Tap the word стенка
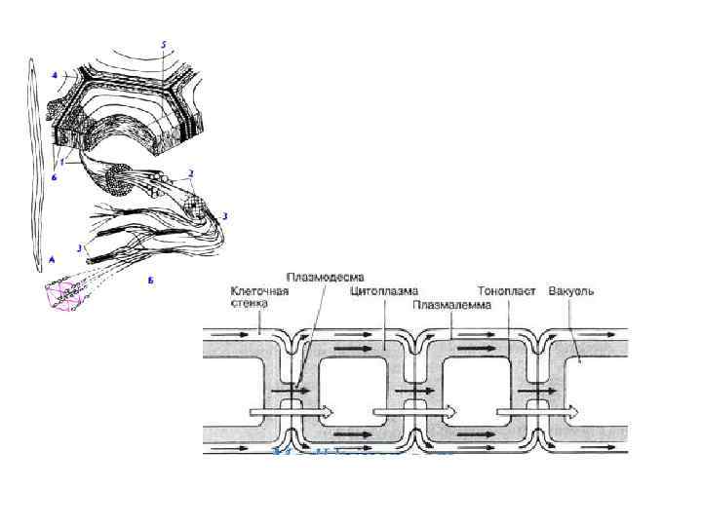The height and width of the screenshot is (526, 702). pyautogui.click(x=250, y=303)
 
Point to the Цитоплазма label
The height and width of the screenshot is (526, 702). pyautogui.click(x=384, y=290)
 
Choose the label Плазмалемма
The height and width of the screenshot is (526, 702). pyautogui.click(x=452, y=304)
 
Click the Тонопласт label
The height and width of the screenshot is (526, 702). pyautogui.click(x=507, y=290)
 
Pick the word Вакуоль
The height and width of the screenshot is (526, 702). pyautogui.click(x=571, y=290)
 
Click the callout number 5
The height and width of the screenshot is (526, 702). pyautogui.click(x=164, y=45)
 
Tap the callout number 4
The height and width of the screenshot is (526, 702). pyautogui.click(x=55, y=73)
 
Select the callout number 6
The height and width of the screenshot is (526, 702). pyautogui.click(x=55, y=177)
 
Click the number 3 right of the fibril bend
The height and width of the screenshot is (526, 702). pyautogui.click(x=225, y=214)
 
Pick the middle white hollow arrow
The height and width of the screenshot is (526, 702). pyautogui.click(x=409, y=410)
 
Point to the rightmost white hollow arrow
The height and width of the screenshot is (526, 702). pyautogui.click(x=526, y=410)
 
